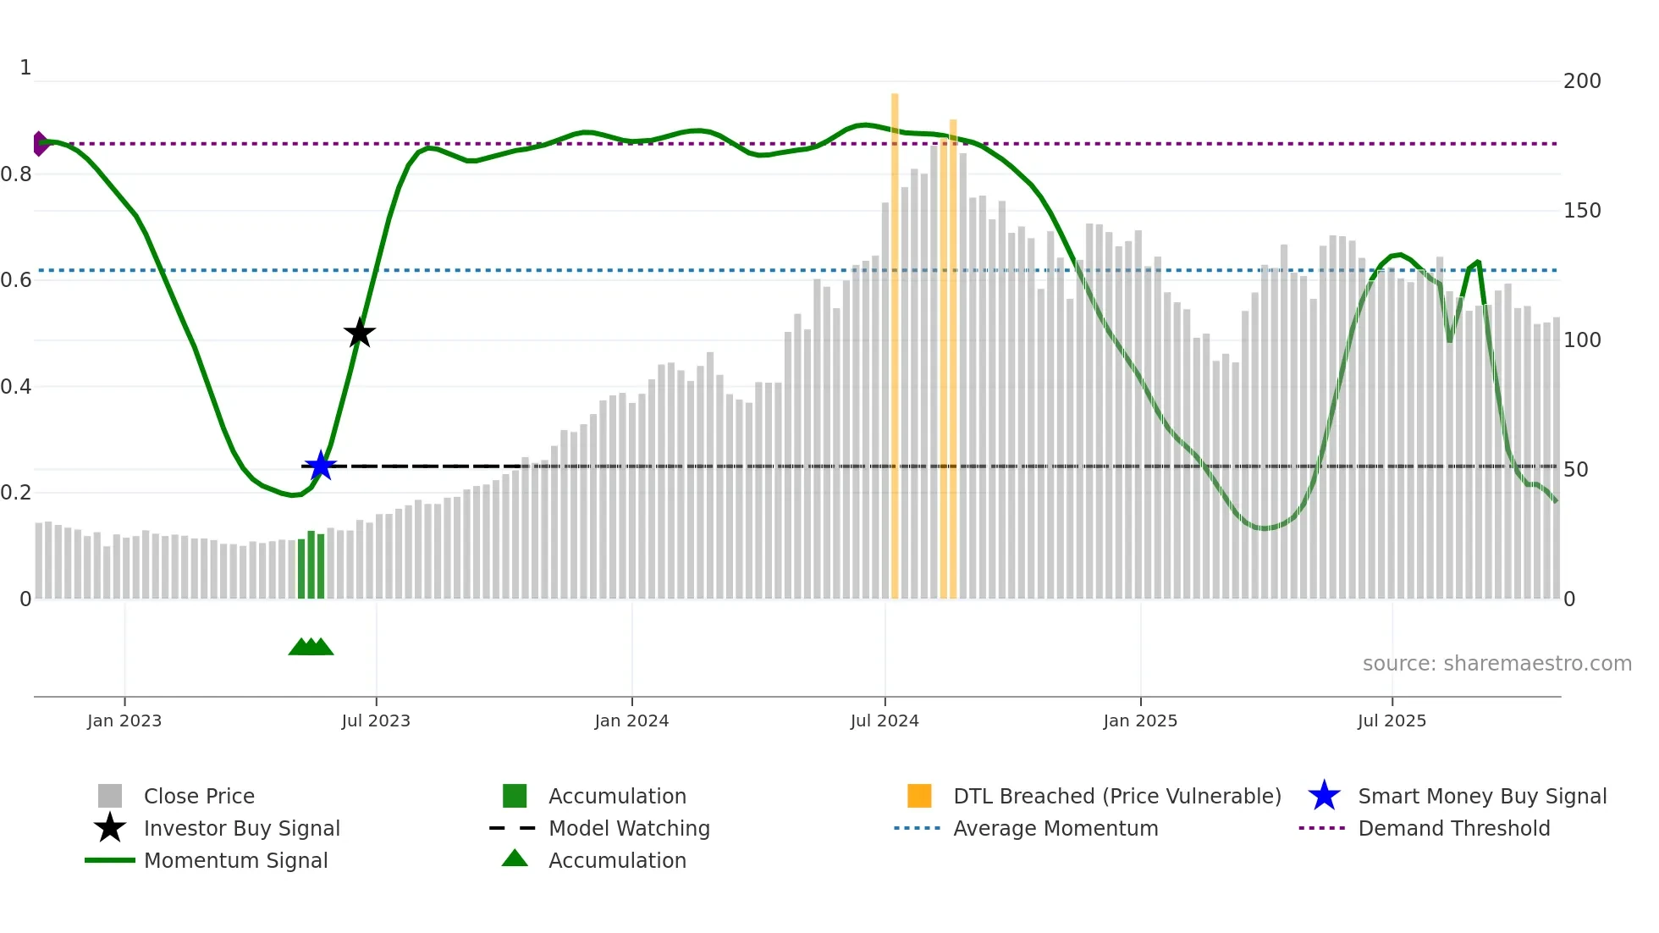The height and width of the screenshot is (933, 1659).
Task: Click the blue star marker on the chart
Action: click(x=320, y=466)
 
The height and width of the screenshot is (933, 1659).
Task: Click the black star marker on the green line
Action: click(x=359, y=333)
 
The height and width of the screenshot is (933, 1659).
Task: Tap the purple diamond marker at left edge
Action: click(x=40, y=144)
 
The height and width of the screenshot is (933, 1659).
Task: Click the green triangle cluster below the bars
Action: click(x=311, y=647)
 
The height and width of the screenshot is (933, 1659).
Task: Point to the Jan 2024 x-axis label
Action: click(x=631, y=720)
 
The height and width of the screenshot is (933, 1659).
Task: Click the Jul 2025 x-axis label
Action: click(x=1392, y=720)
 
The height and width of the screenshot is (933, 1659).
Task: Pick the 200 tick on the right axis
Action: click(x=1581, y=81)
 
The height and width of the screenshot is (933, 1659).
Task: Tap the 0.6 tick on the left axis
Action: click(x=16, y=280)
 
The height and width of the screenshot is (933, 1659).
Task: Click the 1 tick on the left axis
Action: click(x=25, y=68)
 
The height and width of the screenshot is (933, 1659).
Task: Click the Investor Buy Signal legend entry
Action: click(x=241, y=828)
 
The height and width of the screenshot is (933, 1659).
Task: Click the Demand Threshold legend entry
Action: click(x=1453, y=828)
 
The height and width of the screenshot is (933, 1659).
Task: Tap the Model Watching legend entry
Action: click(x=628, y=828)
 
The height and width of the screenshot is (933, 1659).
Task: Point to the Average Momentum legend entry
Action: click(x=1055, y=828)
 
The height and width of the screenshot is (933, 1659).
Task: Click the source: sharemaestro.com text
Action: click(x=1496, y=664)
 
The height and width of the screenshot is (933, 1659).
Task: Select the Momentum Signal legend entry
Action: click(x=235, y=860)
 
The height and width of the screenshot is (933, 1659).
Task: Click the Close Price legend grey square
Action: click(x=110, y=796)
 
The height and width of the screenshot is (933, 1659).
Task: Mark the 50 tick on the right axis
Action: click(x=1575, y=470)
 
